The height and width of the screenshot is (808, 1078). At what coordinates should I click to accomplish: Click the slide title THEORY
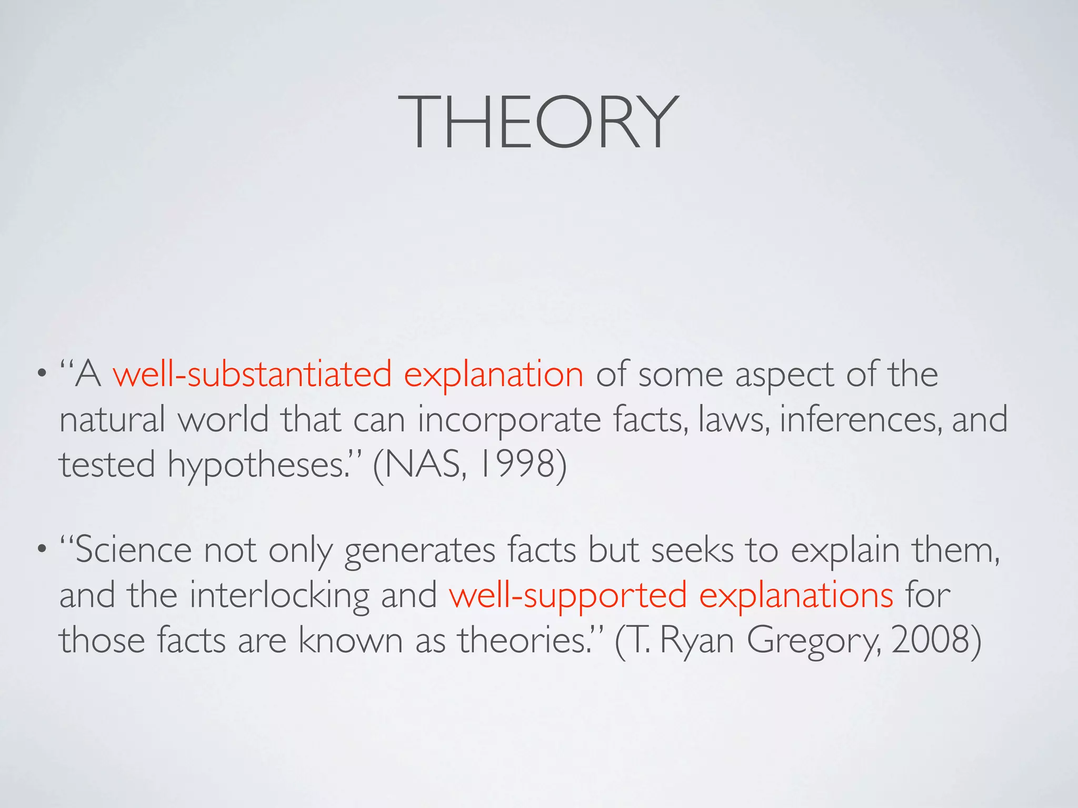[538, 122]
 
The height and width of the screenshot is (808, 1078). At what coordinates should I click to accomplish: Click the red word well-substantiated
[252, 375]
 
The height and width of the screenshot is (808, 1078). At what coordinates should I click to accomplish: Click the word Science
[134, 550]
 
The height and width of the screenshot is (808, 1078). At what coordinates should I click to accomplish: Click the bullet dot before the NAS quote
[41, 376]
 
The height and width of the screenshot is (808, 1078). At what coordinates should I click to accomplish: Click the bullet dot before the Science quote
[41, 551]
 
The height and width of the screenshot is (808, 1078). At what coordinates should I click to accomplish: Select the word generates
[420, 551]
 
